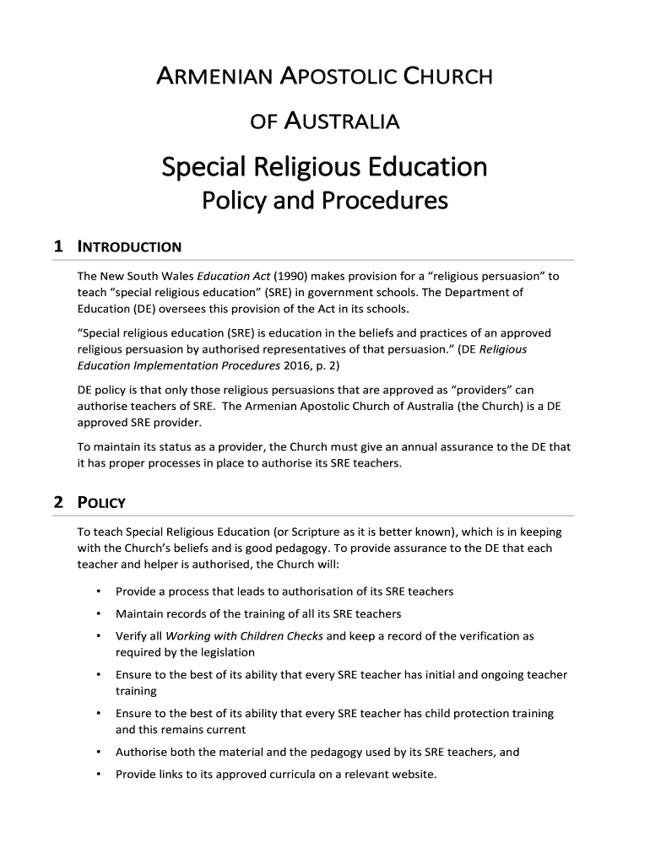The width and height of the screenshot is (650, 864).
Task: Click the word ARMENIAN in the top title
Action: (x=214, y=79)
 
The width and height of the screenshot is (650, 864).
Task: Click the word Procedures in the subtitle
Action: (x=391, y=202)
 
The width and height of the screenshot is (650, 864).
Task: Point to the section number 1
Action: (x=57, y=247)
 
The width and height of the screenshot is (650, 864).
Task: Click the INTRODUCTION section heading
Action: (x=129, y=248)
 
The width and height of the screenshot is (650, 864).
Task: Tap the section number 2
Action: (x=57, y=502)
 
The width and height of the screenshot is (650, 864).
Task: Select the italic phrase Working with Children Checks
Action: (x=244, y=636)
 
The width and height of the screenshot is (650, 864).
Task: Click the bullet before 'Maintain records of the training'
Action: (x=100, y=613)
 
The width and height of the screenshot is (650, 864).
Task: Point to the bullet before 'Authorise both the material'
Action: (x=100, y=753)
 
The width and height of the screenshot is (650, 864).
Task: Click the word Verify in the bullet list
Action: (x=132, y=636)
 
